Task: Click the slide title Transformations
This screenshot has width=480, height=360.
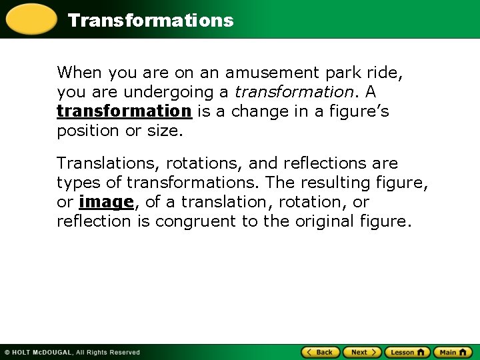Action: point(151,20)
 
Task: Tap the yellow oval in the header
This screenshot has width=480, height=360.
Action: point(30,19)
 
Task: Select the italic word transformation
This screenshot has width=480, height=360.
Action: point(290,91)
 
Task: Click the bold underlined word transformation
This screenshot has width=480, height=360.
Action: point(124,111)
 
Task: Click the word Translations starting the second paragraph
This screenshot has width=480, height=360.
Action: point(109,163)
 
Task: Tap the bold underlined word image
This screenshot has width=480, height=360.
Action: point(107,202)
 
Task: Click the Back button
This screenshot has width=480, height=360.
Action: point(321,352)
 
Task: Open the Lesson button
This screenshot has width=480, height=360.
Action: point(407,352)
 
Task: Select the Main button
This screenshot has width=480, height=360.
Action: point(453,352)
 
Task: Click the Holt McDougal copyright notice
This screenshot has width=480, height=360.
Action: point(72,352)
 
